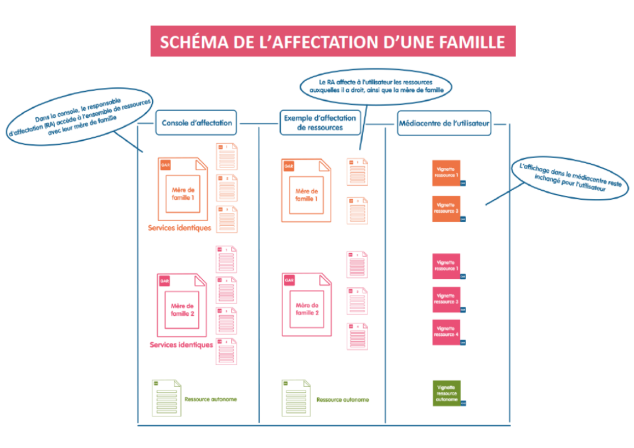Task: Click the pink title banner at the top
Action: click(x=333, y=41)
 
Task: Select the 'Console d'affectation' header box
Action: click(x=197, y=123)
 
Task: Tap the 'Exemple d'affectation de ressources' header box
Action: click(x=319, y=122)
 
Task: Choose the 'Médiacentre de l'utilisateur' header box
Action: click(x=444, y=123)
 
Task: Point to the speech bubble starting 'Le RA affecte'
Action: click(x=376, y=87)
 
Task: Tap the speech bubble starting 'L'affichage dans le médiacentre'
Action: click(x=570, y=178)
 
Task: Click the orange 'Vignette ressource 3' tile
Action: click(x=446, y=209)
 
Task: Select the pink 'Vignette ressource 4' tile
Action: click(x=446, y=332)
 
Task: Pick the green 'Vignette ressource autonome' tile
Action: click(x=446, y=393)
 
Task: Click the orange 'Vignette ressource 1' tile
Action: click(x=446, y=173)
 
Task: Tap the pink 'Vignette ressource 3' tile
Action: click(x=446, y=299)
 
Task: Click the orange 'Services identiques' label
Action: click(x=179, y=228)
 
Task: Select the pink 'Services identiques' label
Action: click(x=181, y=345)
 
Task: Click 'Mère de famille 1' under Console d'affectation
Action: click(x=183, y=194)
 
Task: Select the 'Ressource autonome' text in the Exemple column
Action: click(x=342, y=400)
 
